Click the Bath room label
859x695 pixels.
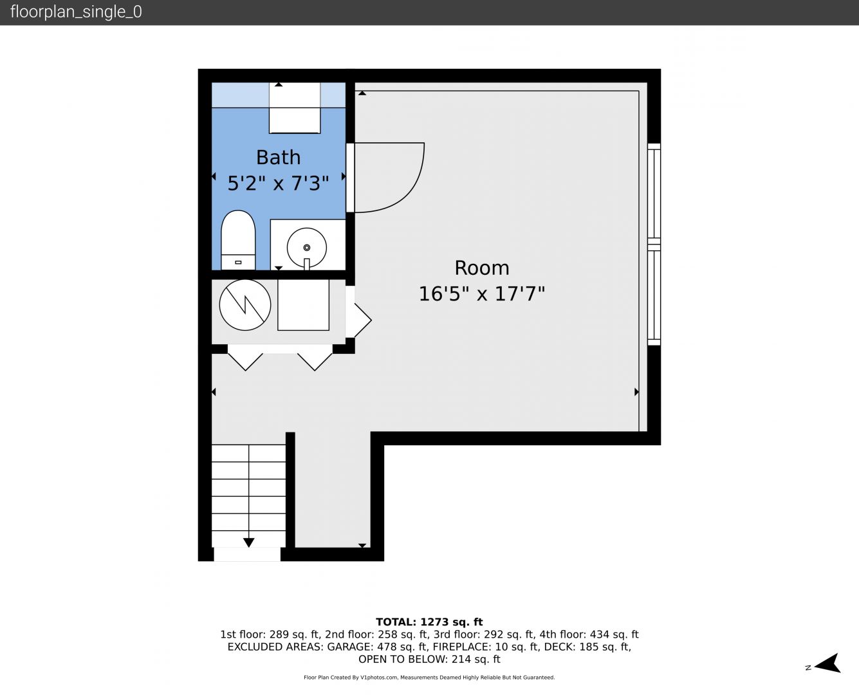click(x=278, y=157)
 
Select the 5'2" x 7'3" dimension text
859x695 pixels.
click(x=278, y=183)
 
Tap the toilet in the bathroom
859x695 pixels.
click(x=238, y=240)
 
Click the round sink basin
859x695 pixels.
click(x=306, y=247)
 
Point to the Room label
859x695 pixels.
click(x=482, y=268)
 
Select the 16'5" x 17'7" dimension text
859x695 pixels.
click(x=482, y=293)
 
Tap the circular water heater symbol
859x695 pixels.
click(x=245, y=305)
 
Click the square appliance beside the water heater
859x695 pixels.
click(x=303, y=305)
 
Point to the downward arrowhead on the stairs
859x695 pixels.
click(x=249, y=542)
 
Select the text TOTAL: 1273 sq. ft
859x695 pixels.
click(x=429, y=622)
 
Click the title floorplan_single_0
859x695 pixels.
click(x=76, y=12)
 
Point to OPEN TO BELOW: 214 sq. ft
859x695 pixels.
click(x=429, y=660)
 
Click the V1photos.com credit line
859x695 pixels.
click(x=429, y=678)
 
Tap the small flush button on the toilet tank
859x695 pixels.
click(x=238, y=263)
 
